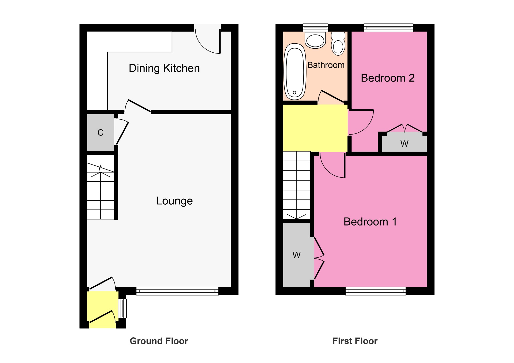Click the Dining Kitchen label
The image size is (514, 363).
(x=164, y=68)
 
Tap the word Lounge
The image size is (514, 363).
(x=174, y=201)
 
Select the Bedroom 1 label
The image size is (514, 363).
(x=370, y=222)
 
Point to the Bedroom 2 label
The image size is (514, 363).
(x=387, y=78)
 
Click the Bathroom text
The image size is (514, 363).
(x=326, y=65)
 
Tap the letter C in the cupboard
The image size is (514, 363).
(x=100, y=133)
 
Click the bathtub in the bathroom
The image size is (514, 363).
(x=294, y=72)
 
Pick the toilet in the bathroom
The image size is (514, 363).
(x=338, y=44)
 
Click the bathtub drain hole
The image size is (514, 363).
(x=294, y=93)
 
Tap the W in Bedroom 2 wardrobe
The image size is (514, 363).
(x=404, y=144)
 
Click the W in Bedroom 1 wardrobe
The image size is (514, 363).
(x=296, y=255)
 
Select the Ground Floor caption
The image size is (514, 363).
(x=159, y=341)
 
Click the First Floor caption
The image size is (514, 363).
(x=355, y=341)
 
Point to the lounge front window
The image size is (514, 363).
(x=177, y=291)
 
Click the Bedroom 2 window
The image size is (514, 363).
(x=388, y=28)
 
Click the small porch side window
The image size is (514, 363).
(x=122, y=308)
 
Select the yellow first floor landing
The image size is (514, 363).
(x=315, y=128)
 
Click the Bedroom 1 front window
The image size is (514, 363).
(x=375, y=291)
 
